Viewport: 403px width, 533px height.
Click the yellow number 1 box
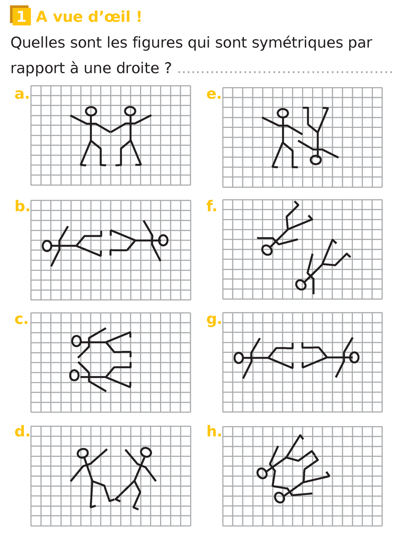(21, 16)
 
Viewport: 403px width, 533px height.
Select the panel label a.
(22, 94)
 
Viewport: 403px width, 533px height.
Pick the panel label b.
(22, 206)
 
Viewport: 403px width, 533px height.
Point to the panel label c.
(21, 320)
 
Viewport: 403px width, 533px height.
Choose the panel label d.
(22, 431)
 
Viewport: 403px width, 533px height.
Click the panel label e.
(214, 94)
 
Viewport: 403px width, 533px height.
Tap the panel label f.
(211, 206)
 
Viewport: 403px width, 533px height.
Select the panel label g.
(214, 320)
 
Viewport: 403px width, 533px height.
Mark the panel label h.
(214, 431)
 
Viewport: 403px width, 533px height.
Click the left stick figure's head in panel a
(91, 111)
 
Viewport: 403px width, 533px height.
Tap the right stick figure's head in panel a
(130, 111)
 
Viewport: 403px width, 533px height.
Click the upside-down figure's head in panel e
(316, 160)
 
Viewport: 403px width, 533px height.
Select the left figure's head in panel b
(47, 245)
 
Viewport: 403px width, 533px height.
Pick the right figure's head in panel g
(354, 358)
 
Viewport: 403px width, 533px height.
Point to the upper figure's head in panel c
(77, 341)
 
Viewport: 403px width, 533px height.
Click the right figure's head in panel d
(146, 452)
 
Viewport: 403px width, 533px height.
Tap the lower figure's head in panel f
(301, 284)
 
